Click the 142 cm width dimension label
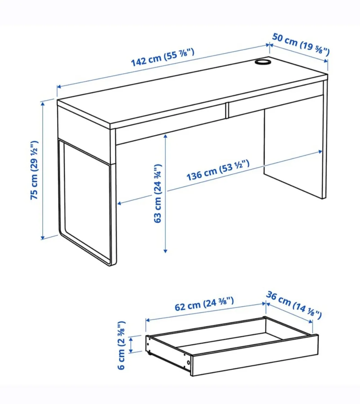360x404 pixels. coord(163,57)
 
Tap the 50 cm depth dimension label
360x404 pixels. coord(301,44)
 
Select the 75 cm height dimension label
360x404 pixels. coord(35,170)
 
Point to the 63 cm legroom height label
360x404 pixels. coord(158,193)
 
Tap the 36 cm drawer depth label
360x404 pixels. coord(294,305)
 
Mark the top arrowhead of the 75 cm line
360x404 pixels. coord(43,103)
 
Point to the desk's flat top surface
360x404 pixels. coord(189,91)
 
